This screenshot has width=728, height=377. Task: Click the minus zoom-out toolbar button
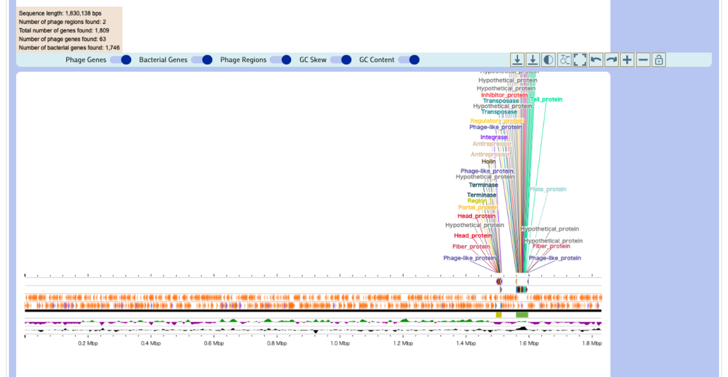tap(643, 59)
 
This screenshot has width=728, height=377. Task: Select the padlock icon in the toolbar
tap(659, 59)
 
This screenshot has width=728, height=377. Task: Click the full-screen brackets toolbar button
tap(580, 59)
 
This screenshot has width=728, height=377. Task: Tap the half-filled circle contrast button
tap(548, 59)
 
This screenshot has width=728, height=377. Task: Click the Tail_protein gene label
tap(546, 100)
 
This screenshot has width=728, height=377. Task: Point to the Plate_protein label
tap(548, 189)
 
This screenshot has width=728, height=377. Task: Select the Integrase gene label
tap(494, 137)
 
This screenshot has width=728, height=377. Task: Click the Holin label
tap(488, 161)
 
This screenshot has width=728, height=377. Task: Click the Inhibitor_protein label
tap(504, 95)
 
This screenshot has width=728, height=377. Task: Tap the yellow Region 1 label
tap(477, 200)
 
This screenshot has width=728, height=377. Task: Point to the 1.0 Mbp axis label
tap(340, 344)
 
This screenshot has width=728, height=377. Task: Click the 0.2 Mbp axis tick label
tap(88, 344)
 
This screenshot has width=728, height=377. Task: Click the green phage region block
tap(522, 314)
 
